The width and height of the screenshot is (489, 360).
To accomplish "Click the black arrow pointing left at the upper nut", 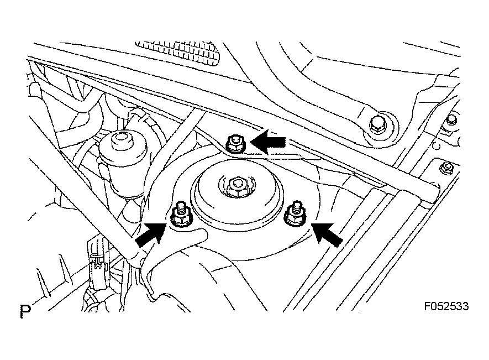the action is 268,142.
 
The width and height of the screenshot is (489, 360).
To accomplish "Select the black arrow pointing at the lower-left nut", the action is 151,234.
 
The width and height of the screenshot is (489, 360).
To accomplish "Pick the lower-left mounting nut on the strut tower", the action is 181,217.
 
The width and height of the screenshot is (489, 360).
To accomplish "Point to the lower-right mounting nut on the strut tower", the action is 295,216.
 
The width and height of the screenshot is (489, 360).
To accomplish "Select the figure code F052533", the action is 446,306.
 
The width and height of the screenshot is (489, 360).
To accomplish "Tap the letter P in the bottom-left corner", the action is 25,311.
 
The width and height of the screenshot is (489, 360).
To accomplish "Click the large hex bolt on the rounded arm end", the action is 378,125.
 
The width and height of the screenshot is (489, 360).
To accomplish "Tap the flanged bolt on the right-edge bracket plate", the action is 446,168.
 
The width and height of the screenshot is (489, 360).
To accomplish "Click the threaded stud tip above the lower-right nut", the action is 296,205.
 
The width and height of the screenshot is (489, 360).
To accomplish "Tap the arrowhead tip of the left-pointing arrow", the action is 250,142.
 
